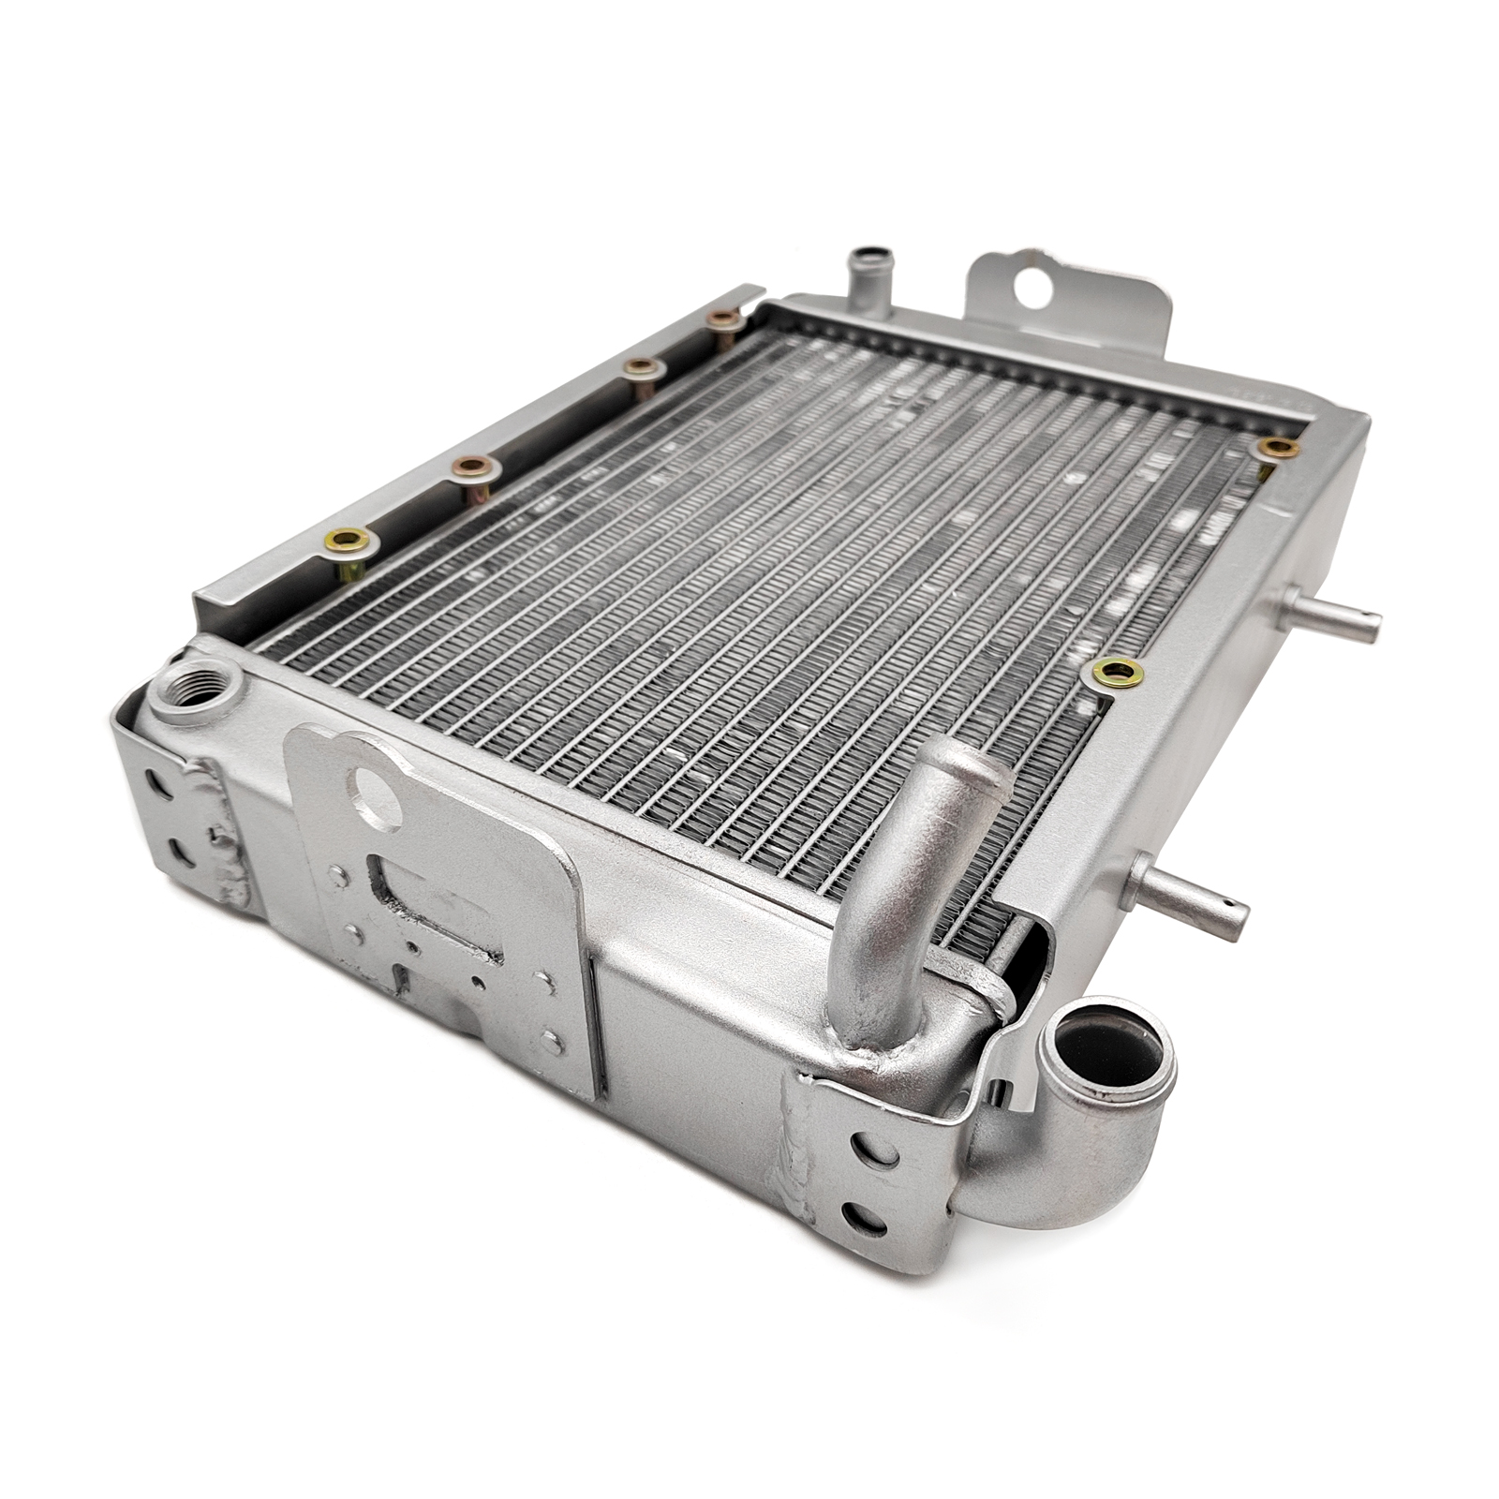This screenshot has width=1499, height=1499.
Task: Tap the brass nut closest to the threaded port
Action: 348,540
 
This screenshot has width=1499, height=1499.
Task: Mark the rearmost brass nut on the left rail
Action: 723,319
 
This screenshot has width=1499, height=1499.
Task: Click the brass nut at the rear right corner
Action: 1278,448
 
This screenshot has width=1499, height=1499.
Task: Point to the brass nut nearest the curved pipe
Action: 1117,671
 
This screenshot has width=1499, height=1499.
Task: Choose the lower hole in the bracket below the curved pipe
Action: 863,1218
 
